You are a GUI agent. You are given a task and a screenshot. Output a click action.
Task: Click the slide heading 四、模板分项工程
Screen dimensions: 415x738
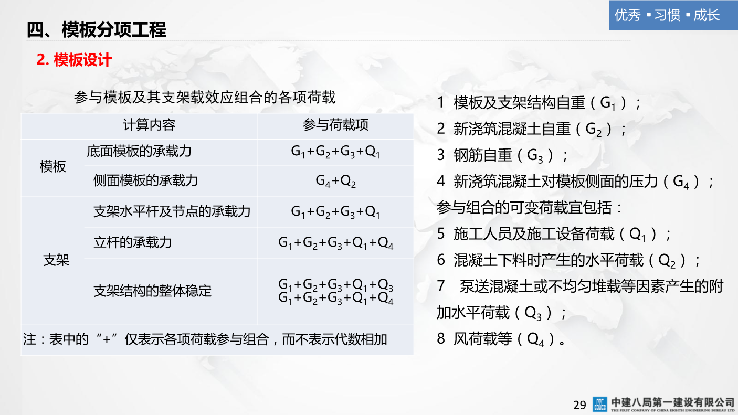tap(97, 30)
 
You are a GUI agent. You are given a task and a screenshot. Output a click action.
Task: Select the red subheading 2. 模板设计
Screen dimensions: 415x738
tap(74, 60)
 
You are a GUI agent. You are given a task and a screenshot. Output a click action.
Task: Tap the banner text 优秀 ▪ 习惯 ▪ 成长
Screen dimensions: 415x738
tap(667, 15)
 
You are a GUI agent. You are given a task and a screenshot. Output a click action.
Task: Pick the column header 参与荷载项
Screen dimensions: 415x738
tap(335, 125)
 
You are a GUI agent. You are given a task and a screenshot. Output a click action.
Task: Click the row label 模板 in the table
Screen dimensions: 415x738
tap(53, 167)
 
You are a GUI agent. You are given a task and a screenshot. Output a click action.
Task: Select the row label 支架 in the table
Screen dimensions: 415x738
tap(56, 260)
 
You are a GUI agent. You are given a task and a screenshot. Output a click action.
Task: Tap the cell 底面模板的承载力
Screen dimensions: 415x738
tap(139, 152)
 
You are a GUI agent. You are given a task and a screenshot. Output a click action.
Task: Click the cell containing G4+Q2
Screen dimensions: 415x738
tap(335, 181)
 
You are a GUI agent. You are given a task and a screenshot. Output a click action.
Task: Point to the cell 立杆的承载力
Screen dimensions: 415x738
tap(132, 242)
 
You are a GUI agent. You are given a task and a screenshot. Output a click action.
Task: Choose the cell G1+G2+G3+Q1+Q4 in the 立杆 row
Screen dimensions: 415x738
tap(335, 243)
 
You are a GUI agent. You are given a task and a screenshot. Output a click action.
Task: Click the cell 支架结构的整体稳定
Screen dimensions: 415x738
tap(152, 291)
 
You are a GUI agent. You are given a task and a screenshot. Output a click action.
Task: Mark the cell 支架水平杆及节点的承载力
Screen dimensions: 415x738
tap(172, 211)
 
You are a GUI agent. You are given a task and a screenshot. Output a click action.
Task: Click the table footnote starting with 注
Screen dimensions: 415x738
tap(205, 339)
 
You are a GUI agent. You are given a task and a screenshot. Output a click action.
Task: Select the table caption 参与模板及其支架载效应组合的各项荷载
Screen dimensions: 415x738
tap(205, 97)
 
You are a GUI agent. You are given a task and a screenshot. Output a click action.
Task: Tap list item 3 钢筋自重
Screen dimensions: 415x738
tap(502, 155)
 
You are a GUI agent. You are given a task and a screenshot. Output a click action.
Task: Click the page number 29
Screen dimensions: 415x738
tap(579, 405)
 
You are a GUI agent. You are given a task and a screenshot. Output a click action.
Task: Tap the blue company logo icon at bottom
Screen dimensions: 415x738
tap(599, 404)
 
